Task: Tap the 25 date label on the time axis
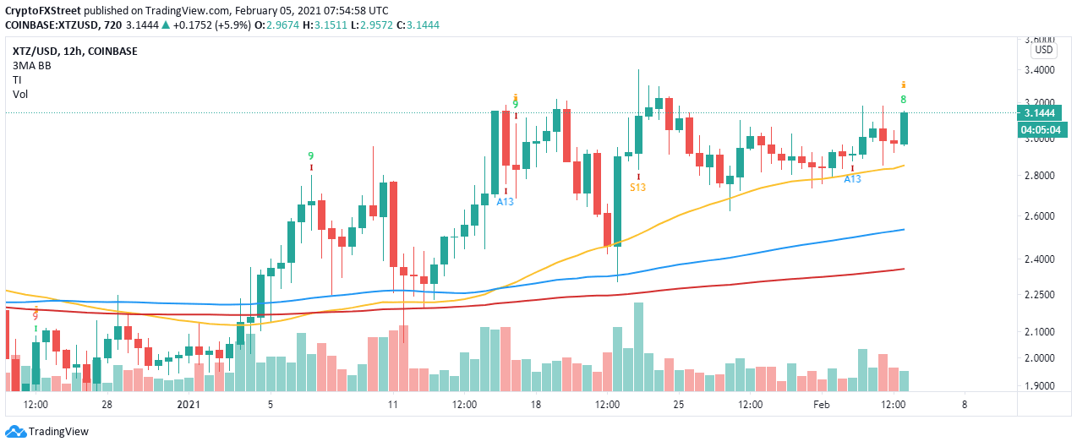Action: pos(678,404)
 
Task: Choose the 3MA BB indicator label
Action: pos(32,65)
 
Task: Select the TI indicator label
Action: pos(17,79)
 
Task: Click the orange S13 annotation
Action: pos(637,187)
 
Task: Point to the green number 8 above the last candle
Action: pos(904,100)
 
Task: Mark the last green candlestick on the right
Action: pos(904,128)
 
